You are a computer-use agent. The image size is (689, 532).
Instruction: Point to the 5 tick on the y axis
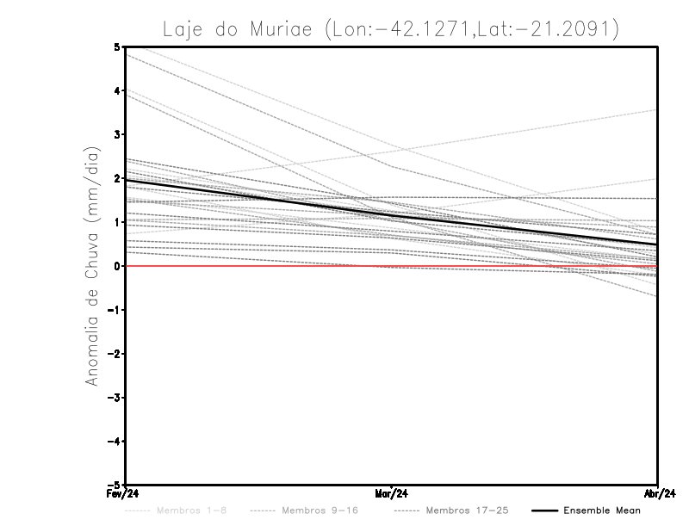pyautogui.click(x=118, y=46)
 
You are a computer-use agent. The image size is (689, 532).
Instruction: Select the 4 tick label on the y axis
pyautogui.click(x=118, y=90)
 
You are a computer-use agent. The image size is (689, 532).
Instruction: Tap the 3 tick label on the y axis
pyautogui.click(x=118, y=134)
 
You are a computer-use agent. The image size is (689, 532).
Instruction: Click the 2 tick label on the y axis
pyautogui.click(x=118, y=178)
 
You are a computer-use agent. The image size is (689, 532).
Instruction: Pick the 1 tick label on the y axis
pyautogui.click(x=118, y=222)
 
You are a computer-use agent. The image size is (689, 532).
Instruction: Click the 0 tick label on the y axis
pyautogui.click(x=118, y=266)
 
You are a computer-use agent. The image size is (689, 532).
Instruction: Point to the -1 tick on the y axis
pyautogui.click(x=115, y=310)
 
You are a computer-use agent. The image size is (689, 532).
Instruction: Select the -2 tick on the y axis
pyautogui.click(x=115, y=354)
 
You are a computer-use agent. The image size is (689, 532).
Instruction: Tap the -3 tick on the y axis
pyautogui.click(x=115, y=398)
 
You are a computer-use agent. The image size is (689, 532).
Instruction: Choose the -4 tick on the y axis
pyautogui.click(x=115, y=442)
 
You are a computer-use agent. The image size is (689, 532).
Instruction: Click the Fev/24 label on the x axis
pyautogui.click(x=125, y=494)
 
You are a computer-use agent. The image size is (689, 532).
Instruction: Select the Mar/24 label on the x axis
pyautogui.click(x=391, y=494)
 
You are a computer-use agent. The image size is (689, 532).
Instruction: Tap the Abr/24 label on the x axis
pyautogui.click(x=657, y=494)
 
